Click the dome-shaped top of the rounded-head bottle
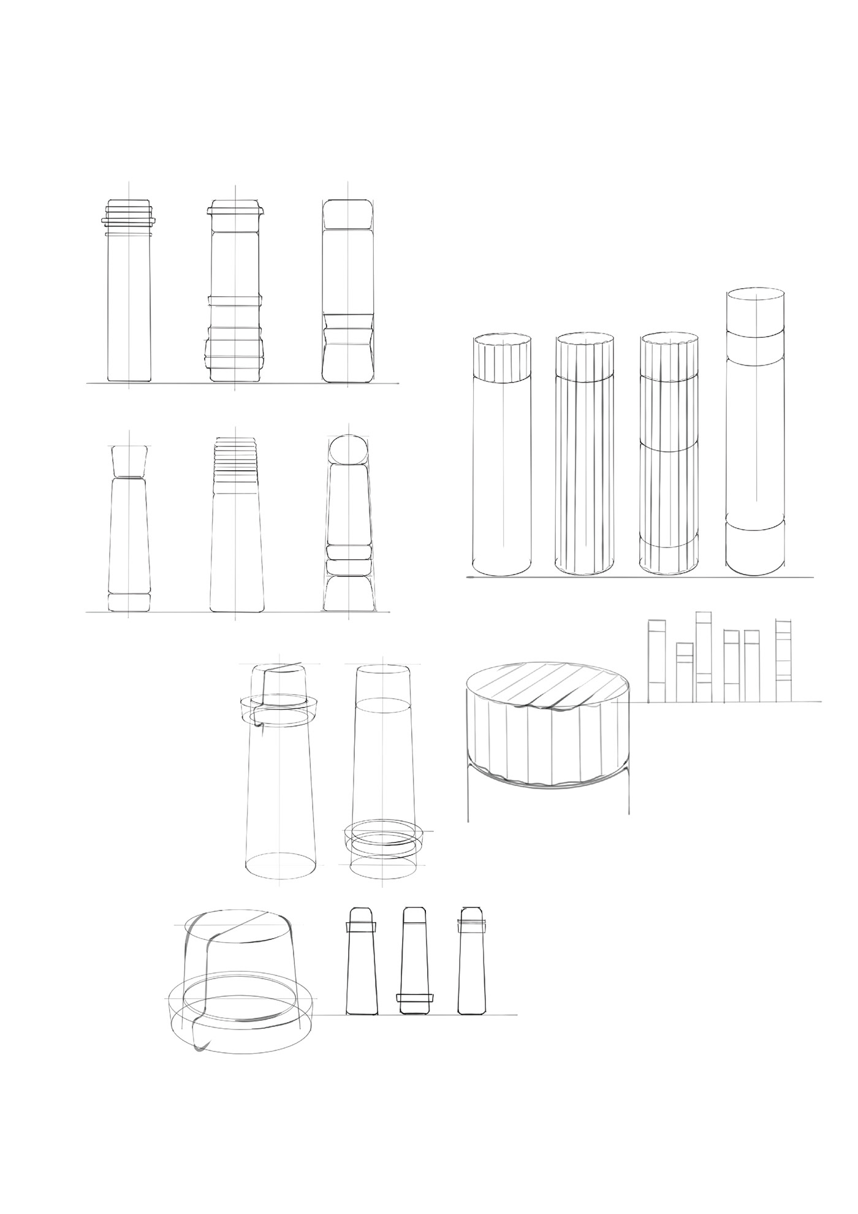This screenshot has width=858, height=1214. [x=348, y=449]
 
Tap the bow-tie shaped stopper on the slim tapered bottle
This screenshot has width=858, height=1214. [x=129, y=461]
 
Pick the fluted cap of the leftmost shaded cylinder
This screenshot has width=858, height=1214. [x=503, y=359]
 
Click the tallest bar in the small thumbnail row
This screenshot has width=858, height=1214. [x=704, y=656]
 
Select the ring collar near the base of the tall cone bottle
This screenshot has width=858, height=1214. [x=384, y=836]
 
